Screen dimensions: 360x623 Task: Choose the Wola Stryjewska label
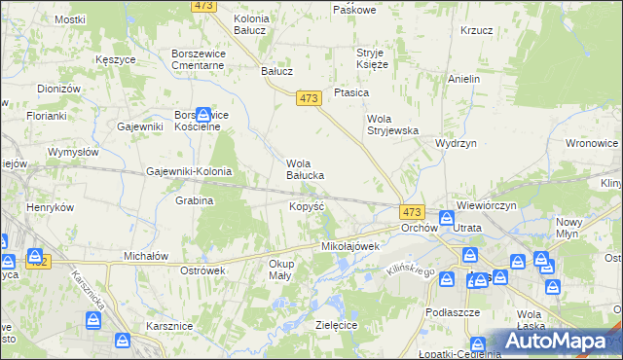(391, 124)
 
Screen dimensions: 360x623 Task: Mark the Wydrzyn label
(455, 142)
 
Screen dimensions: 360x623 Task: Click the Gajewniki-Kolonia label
(189, 171)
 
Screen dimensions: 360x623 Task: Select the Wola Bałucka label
(304, 169)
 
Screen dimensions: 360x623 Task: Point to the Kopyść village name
(306, 206)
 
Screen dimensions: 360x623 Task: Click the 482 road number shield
(38, 261)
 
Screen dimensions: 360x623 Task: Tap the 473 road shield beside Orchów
(412, 212)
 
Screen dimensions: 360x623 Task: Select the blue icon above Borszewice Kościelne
(202, 113)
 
